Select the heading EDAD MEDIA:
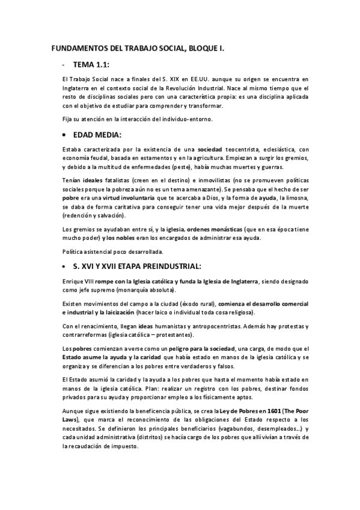97,135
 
